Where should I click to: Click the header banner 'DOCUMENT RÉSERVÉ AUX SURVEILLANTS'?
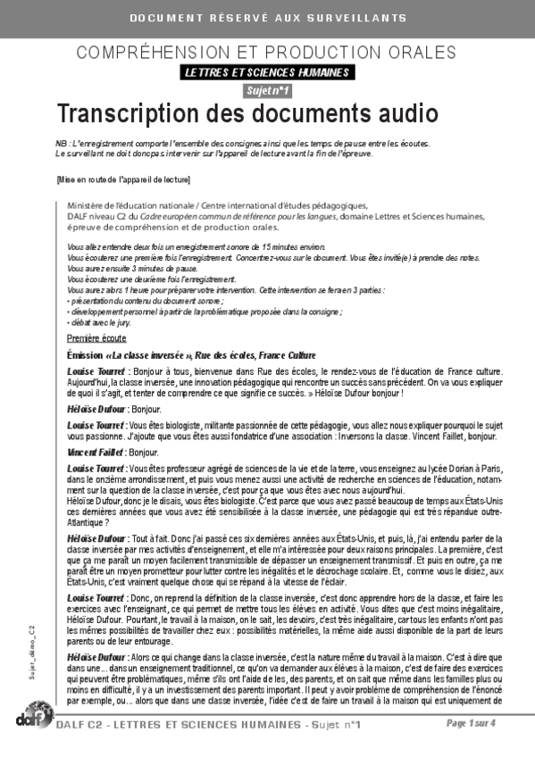pyautogui.click(x=267, y=18)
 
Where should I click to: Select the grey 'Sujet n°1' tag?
pyautogui.click(x=267, y=91)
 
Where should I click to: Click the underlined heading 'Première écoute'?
pyautogui.click(x=96, y=313)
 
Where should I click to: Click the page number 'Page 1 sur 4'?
pyautogui.click(x=494, y=723)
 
